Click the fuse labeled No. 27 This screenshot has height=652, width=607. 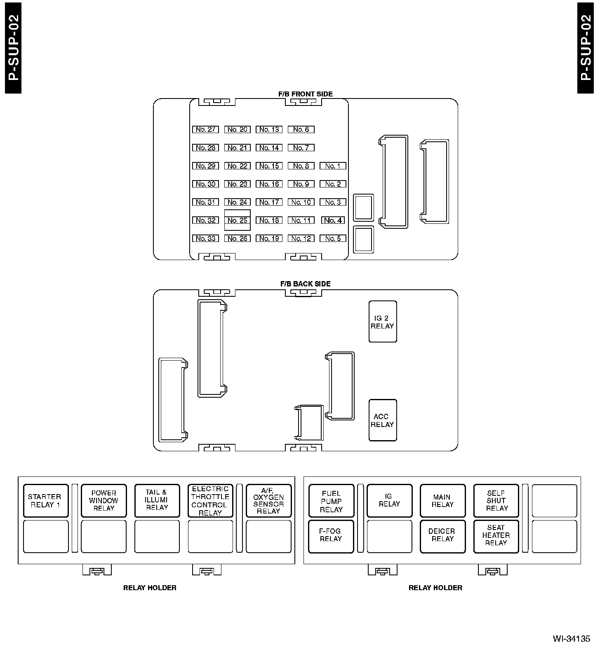(205, 129)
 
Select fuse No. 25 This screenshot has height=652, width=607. (238, 220)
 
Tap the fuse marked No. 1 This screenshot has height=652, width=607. (333, 166)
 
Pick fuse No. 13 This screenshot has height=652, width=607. (269, 129)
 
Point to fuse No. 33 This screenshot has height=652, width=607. (205, 239)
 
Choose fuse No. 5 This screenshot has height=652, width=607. (333, 239)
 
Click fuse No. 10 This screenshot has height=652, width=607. (301, 202)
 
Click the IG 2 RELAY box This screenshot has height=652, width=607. (383, 322)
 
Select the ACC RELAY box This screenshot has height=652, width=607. (383, 420)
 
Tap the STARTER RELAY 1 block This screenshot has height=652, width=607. (46, 501)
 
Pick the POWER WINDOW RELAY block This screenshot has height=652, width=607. (104, 501)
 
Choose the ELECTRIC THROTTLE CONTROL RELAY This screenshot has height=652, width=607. (210, 501)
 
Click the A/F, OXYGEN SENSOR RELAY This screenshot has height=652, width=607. (268, 501)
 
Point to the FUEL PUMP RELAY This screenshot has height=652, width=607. (331, 501)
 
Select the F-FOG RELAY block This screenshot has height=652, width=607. (331, 536)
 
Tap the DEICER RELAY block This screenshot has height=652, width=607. (442, 536)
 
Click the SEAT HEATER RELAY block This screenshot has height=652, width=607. (496, 536)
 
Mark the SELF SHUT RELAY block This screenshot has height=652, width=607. (496, 501)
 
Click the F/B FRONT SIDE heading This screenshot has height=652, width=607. (306, 94)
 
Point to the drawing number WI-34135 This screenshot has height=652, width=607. (572, 639)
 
